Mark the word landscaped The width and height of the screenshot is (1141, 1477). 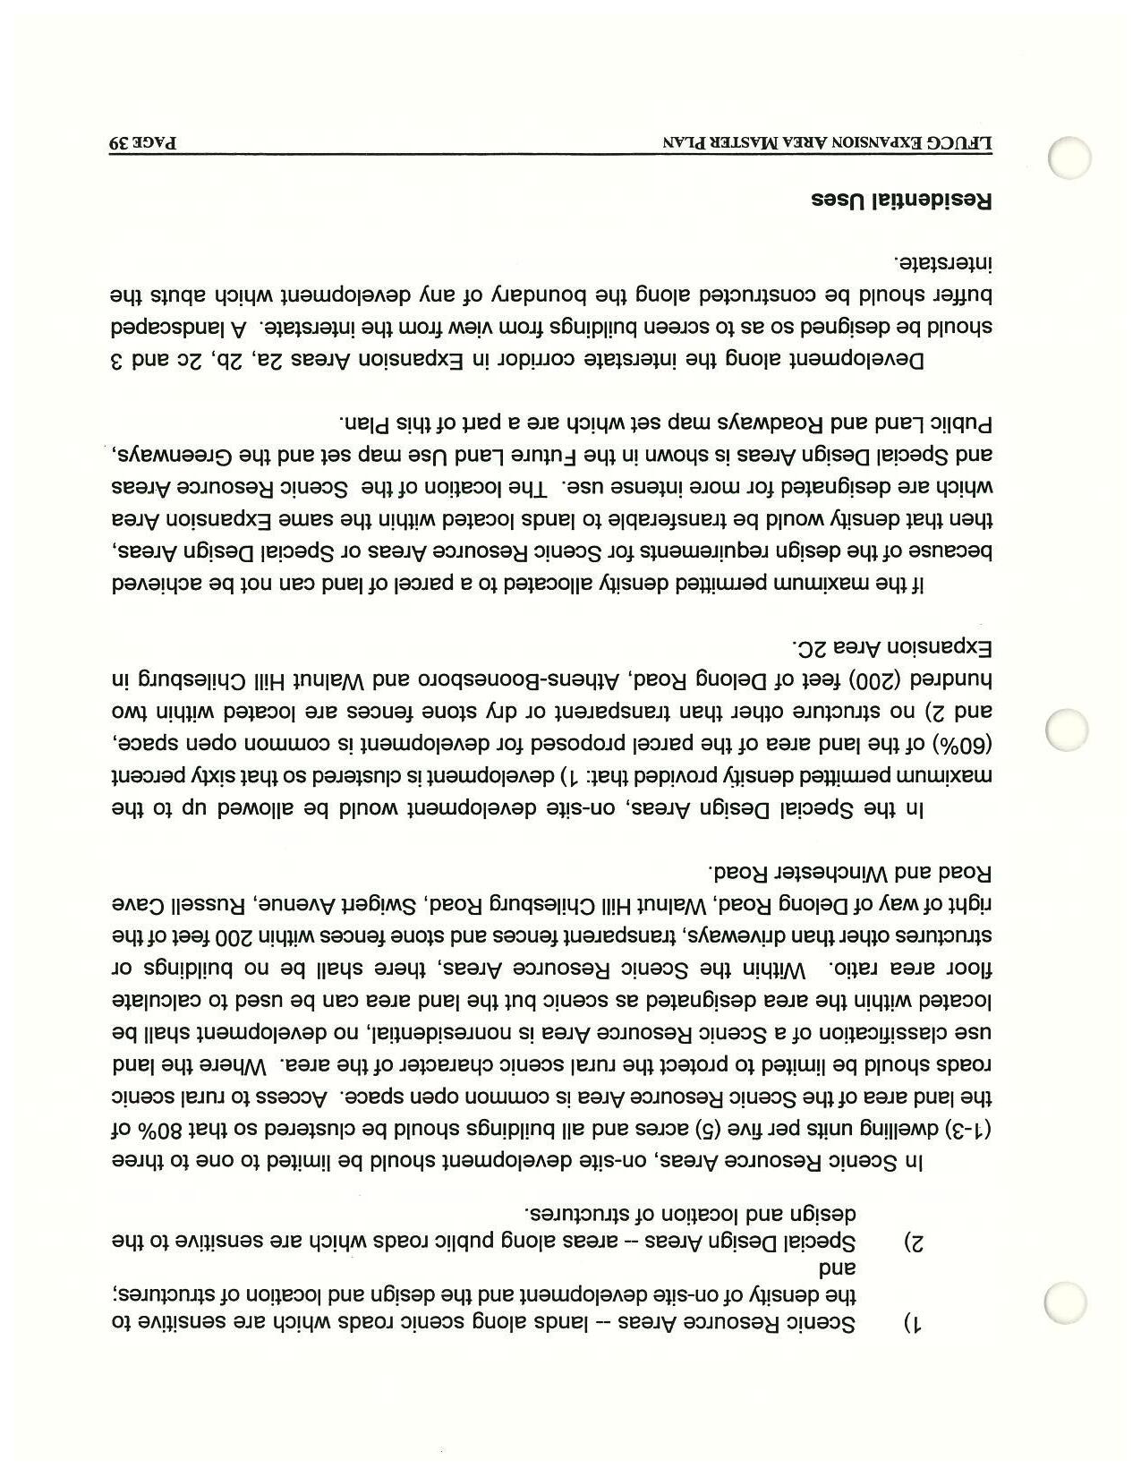[174, 327]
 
